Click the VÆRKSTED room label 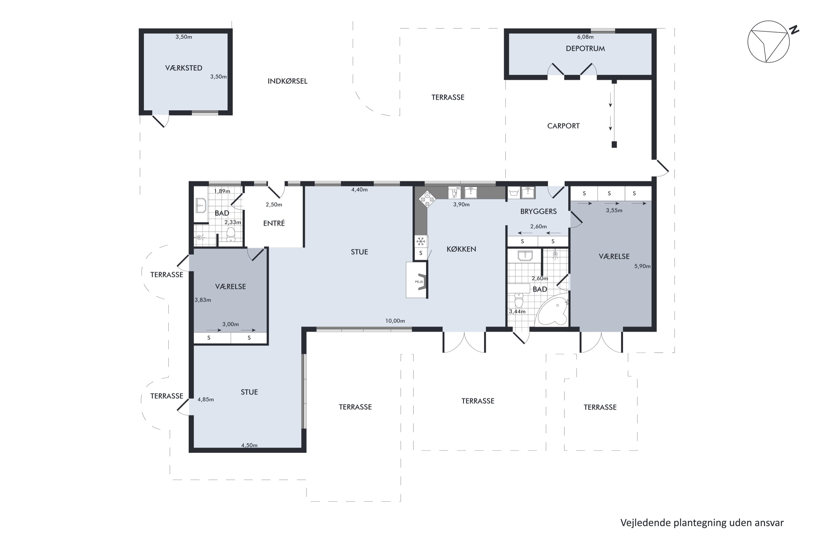pos(183,68)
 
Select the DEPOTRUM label pos(585,49)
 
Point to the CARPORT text pos(563,126)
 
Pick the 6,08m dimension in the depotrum pos(585,37)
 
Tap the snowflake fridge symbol pos(421,241)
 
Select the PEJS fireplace pos(417,280)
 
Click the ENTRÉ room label pos(274,223)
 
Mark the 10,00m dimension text pos(395,321)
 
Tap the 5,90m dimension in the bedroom pos(642,266)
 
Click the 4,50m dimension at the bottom pos(249,445)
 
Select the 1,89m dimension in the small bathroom pos(222,191)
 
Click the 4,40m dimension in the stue pos(360,189)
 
